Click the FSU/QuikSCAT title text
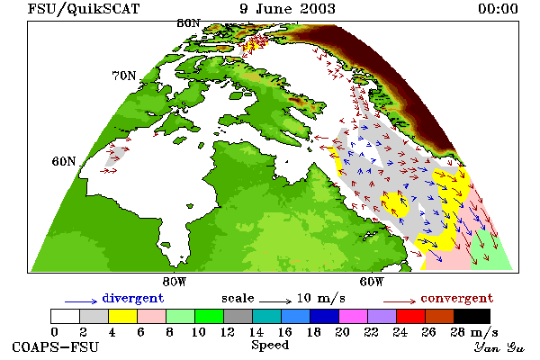84,9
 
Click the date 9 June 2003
288,9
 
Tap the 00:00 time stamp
498,9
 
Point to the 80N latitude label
188,23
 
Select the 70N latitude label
124,76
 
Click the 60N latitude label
64,161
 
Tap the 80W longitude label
175,282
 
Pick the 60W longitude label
371,282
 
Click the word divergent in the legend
133,298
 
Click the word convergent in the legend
457,298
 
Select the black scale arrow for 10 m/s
275,301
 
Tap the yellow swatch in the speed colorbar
122,316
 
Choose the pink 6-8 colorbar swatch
151,316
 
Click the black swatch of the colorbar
472,316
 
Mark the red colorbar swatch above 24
411,316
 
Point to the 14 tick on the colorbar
256,332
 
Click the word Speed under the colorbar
270,346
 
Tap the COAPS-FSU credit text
56,346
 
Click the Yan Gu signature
499,347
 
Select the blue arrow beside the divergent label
81,301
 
